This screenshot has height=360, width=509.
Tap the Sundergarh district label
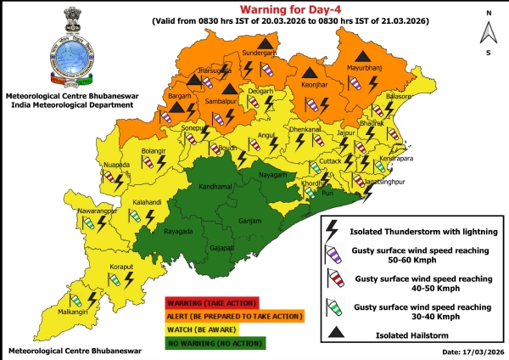[x=260, y=53]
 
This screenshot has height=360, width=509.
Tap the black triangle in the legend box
[x=342, y=335]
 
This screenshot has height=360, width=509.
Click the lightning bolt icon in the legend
[x=333, y=228]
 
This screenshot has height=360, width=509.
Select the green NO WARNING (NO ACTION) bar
[x=214, y=343]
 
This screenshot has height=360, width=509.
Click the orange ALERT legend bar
[x=233, y=317]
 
